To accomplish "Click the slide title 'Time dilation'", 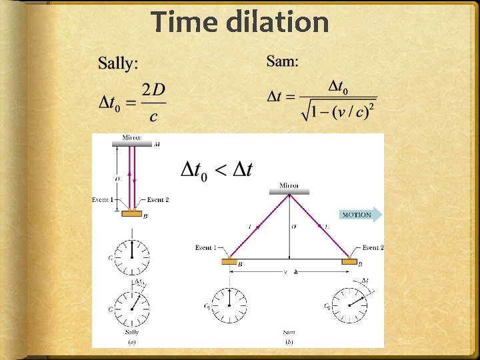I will point(240,22).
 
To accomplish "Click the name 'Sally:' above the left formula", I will point(119,63).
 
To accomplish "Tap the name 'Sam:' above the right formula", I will point(283,61).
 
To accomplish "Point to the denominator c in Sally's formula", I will point(154,117).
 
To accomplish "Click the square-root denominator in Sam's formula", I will point(339,110).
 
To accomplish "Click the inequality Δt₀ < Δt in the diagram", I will point(217,169).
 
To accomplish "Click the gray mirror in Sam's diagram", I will point(289,192).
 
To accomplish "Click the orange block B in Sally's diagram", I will point(132,213).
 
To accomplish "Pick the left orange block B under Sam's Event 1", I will point(230,262).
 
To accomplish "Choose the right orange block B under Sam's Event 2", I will point(349,262).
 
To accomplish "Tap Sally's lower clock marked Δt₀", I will point(132,307).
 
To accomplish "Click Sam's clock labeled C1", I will point(230,305).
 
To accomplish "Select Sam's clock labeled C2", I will point(349,305).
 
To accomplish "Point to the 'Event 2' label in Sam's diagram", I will point(372,248).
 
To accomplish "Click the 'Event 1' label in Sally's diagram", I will point(103,200).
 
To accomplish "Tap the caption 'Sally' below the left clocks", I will point(132,331).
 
